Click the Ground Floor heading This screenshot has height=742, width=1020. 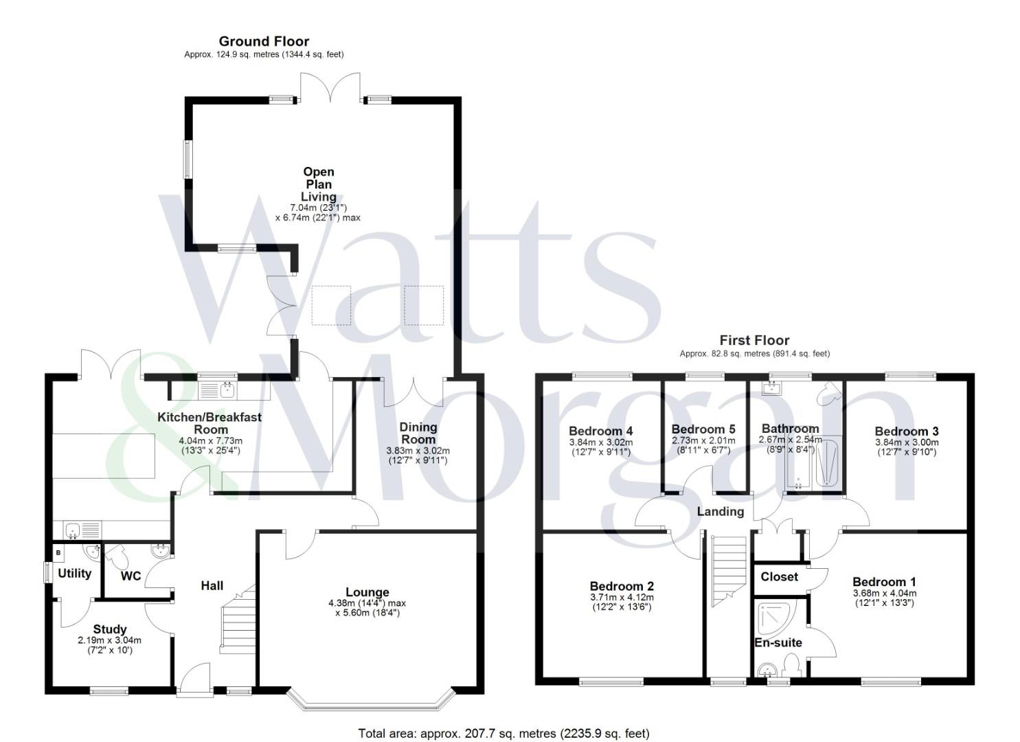[264, 41]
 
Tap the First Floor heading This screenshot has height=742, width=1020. [754, 340]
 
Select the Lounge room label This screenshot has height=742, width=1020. [367, 592]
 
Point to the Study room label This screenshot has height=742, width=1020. [110, 629]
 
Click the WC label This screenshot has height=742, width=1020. [131, 576]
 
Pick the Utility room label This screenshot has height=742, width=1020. [74, 573]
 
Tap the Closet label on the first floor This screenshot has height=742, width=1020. [779, 577]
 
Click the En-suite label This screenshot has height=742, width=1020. [778, 643]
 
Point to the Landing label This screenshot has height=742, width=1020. [720, 512]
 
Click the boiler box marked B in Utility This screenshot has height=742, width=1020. [58, 552]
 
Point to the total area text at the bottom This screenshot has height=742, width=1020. [503, 733]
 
